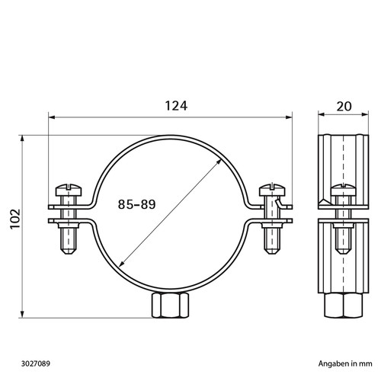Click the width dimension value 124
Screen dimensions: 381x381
click(x=176, y=106)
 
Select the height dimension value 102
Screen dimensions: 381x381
click(x=15, y=219)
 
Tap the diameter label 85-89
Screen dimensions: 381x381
click(x=136, y=204)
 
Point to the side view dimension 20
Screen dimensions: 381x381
click(x=344, y=107)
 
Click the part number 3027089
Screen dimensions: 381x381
click(x=36, y=363)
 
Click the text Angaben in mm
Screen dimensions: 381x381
click(x=345, y=363)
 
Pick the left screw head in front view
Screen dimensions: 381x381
click(x=69, y=190)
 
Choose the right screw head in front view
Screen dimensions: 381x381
click(x=272, y=190)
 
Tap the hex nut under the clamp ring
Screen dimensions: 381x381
click(x=171, y=305)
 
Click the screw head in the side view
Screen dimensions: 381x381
click(x=344, y=190)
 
